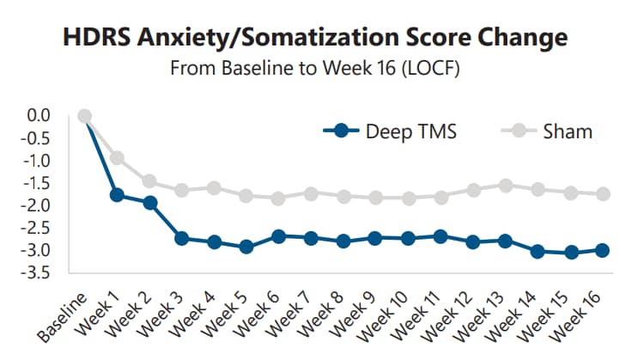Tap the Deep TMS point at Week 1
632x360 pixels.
point(117,195)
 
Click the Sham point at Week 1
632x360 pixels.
point(117,158)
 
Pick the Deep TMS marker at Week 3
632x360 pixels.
point(182,238)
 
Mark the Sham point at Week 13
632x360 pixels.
point(506,186)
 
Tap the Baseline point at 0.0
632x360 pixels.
point(84,116)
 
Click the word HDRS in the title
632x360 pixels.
point(93,38)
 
